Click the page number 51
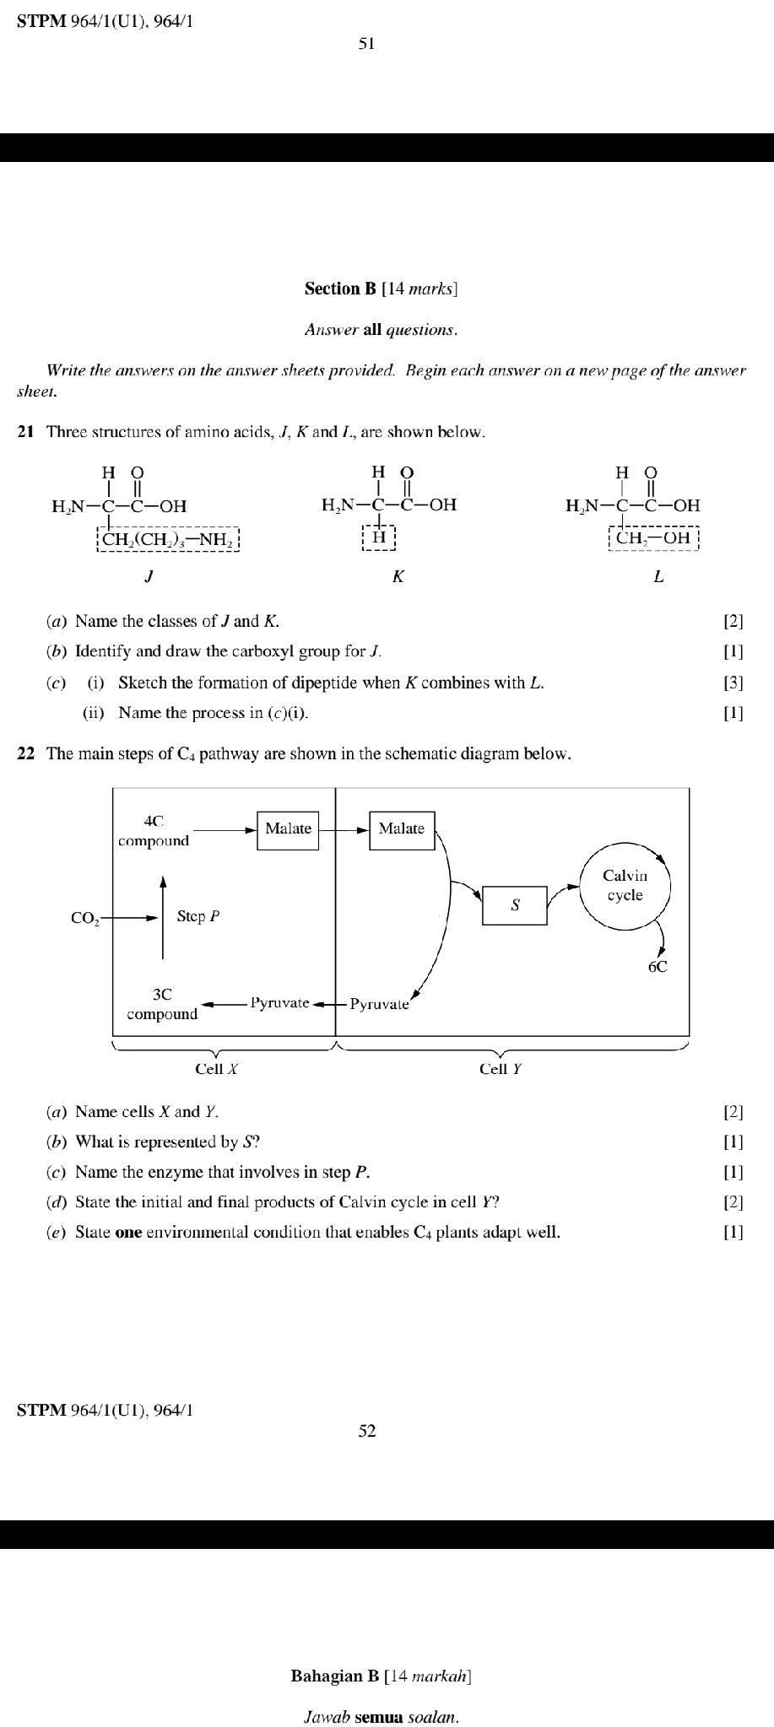coord(366,44)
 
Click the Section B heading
coord(382,289)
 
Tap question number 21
coord(26,432)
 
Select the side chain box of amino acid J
coord(170,538)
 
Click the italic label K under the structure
coord(398,577)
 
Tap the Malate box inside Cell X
coord(289,829)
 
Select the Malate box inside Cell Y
coord(402,829)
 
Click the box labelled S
coord(515,905)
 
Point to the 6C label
coord(658,968)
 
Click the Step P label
coord(198,916)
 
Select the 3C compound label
coord(162,1005)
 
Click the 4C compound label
coord(154,831)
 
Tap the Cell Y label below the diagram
coord(501,1069)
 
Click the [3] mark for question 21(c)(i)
coord(733,683)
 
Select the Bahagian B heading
coord(381,1676)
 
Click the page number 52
coord(366,1431)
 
